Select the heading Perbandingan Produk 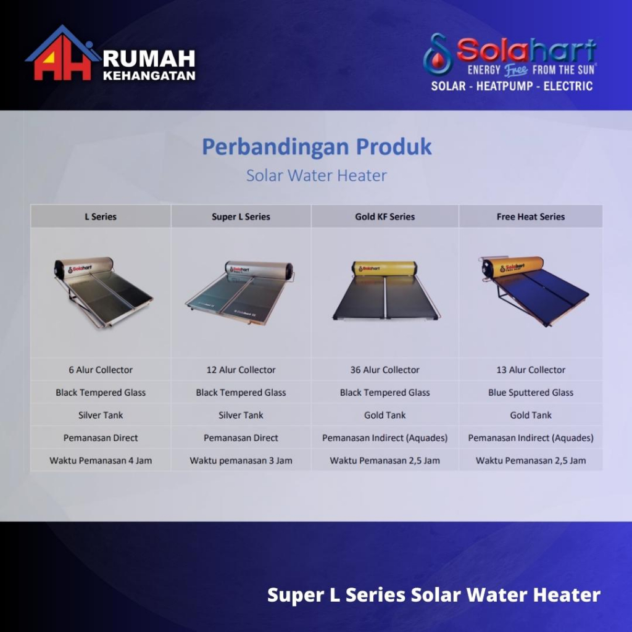317,147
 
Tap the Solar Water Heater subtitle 317,175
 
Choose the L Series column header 101,217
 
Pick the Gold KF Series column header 385,217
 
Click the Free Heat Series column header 530,217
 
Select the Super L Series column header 241,217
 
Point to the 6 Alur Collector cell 101,370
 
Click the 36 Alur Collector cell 385,370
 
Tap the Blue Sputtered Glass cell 530,393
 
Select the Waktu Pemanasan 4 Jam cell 101,460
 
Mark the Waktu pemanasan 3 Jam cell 241,460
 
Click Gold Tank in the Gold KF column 385,415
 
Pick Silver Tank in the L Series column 101,415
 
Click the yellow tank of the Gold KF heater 385,268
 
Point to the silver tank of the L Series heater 84,267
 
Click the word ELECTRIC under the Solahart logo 568,86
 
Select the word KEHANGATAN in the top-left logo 149,75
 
